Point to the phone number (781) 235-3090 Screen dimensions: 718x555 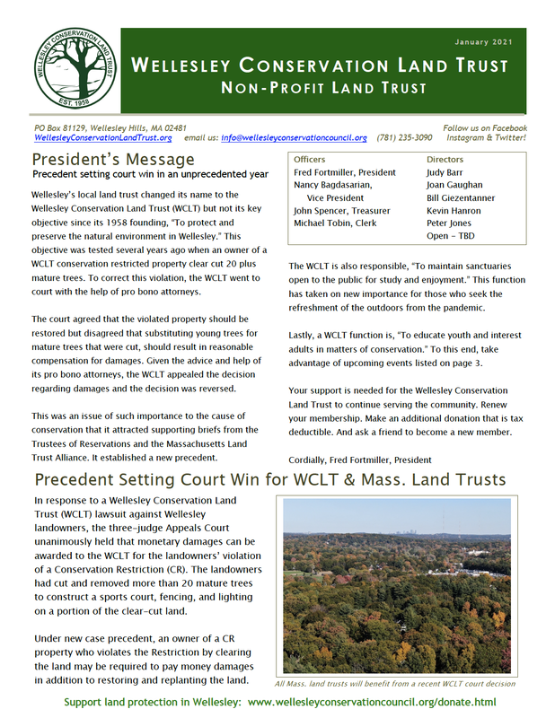[403, 138]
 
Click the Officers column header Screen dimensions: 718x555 [312, 159]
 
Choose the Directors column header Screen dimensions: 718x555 [445, 159]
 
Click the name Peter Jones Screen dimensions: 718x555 [449, 223]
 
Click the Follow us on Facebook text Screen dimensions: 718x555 [485, 128]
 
